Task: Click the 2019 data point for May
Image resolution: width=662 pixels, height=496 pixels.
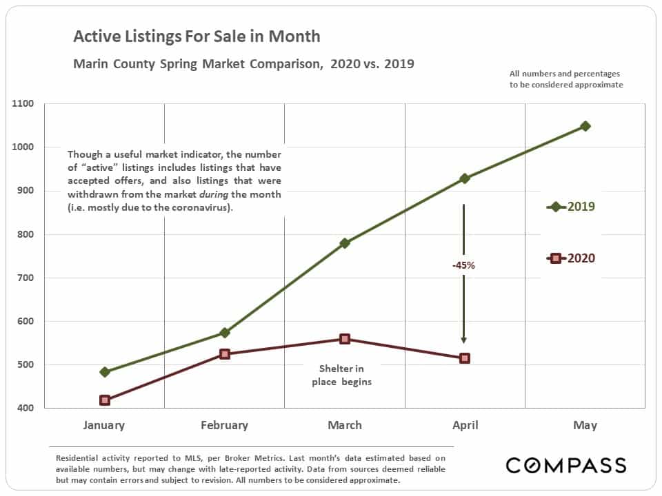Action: [x=585, y=126]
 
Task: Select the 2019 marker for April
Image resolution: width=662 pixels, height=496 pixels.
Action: [x=464, y=178]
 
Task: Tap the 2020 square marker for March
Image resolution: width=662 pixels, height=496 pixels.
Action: [x=345, y=339]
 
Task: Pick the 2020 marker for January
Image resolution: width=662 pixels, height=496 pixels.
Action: [x=105, y=400]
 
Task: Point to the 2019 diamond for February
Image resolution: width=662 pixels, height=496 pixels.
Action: [x=225, y=333]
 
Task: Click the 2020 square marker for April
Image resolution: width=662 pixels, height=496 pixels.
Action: [x=464, y=358]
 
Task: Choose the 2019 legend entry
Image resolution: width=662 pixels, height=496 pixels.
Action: [x=571, y=207]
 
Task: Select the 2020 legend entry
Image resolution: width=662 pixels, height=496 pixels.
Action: [x=571, y=258]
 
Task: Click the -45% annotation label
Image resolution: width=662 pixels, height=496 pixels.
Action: [x=463, y=265]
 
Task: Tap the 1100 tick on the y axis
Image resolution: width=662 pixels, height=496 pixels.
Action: [x=23, y=103]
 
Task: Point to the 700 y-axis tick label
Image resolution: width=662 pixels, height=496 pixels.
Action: [x=26, y=278]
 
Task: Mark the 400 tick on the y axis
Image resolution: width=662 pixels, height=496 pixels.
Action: [x=26, y=408]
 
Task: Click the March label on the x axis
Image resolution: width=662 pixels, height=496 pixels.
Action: [x=345, y=425]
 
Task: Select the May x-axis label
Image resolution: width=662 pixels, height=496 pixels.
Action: [x=585, y=425]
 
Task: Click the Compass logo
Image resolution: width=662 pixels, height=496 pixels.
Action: [x=565, y=465]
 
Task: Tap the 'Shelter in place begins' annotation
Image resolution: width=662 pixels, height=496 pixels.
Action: [x=341, y=375]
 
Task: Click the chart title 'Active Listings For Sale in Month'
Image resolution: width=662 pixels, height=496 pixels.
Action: [x=197, y=37]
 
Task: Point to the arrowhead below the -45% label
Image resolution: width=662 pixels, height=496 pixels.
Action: [x=463, y=340]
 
